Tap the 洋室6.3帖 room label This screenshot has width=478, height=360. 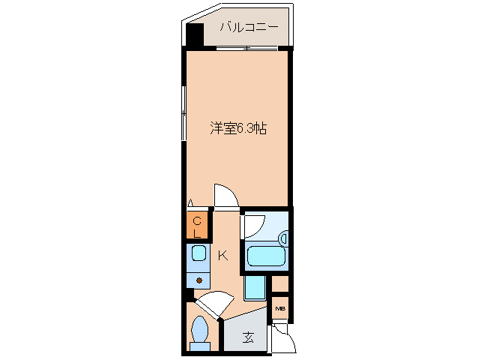point(237,128)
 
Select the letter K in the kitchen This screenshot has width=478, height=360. point(223,256)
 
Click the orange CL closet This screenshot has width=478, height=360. point(197,226)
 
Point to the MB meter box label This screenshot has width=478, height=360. point(280,307)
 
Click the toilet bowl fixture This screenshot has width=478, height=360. point(200,331)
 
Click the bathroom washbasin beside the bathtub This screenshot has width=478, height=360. point(283,238)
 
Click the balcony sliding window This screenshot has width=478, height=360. point(246,49)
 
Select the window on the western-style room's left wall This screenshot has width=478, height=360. point(184,112)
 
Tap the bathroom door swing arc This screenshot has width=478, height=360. point(253,225)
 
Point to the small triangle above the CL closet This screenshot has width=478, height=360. point(191,202)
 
